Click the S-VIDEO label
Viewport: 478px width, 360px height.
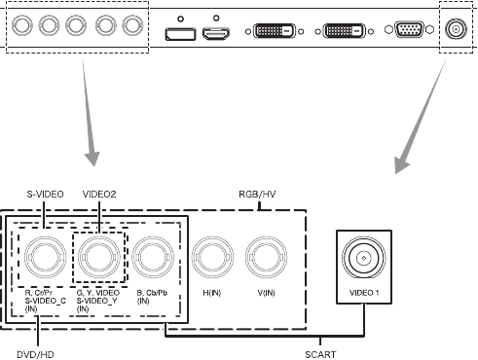click(x=45, y=195)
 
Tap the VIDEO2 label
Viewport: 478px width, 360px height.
click(x=99, y=195)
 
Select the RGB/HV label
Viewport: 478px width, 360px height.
click(x=257, y=195)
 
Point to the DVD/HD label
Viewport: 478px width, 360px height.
click(x=35, y=354)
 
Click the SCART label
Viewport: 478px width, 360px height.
click(x=320, y=354)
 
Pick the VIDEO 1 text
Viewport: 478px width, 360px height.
click(x=364, y=293)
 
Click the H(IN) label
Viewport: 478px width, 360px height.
click(x=212, y=293)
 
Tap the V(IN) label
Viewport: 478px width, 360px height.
click(x=266, y=293)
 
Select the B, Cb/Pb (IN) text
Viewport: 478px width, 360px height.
click(x=152, y=297)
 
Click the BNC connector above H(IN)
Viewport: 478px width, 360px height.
click(x=212, y=258)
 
